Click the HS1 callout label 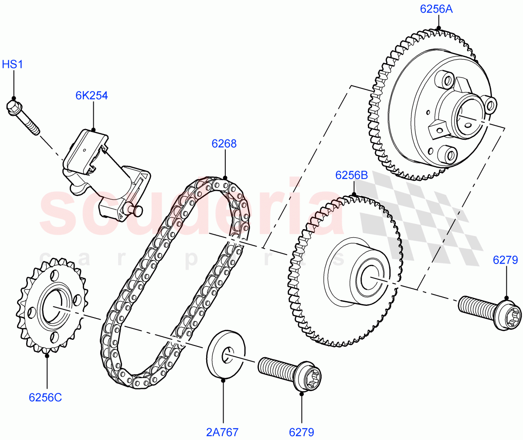coord(12,65)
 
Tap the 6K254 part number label coord(92,96)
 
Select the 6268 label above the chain coord(224,144)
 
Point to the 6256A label coord(436,9)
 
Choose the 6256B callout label coord(352,176)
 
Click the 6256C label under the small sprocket coord(45,398)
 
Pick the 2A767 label coord(222,432)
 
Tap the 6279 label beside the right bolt coord(505,261)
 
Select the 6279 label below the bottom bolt coord(301,432)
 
